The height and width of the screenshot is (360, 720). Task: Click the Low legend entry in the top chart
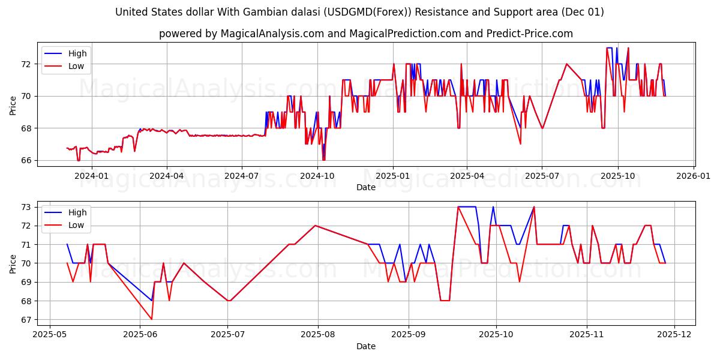click(x=76, y=66)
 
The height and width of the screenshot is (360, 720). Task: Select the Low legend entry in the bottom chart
click(x=76, y=225)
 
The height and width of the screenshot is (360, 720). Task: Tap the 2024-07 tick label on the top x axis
click(x=241, y=176)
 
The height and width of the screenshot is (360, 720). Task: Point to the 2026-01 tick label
click(x=694, y=176)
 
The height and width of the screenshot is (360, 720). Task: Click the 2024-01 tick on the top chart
click(x=91, y=176)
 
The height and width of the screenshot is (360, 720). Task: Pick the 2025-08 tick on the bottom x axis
click(x=317, y=335)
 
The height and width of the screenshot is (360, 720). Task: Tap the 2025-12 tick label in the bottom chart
click(x=675, y=335)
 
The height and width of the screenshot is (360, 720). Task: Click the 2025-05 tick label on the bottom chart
click(x=50, y=335)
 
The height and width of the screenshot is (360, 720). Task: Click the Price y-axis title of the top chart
click(x=13, y=105)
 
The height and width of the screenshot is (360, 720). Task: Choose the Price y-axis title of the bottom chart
click(x=13, y=264)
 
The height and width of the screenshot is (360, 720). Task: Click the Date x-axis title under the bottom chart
click(x=365, y=346)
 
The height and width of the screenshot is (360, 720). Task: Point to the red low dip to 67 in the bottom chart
click(x=151, y=319)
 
